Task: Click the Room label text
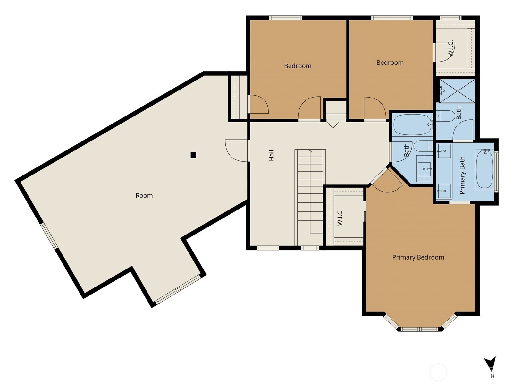click(x=144, y=195)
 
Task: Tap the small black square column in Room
click(x=193, y=155)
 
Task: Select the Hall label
click(x=271, y=155)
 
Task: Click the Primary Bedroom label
click(x=418, y=257)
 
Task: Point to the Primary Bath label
click(x=462, y=175)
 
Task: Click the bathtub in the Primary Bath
click(x=484, y=169)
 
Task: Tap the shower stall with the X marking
click(x=457, y=91)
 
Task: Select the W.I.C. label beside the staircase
click(x=340, y=217)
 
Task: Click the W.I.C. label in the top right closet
click(x=451, y=48)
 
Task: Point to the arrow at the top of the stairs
click(x=310, y=151)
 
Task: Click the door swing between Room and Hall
click(x=237, y=150)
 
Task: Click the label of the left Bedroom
click(x=298, y=66)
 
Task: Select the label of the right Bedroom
click(x=390, y=63)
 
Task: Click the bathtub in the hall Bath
click(x=412, y=124)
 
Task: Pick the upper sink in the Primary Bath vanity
click(x=444, y=151)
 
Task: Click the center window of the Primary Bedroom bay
click(x=419, y=329)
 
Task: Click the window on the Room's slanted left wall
click(x=49, y=236)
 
